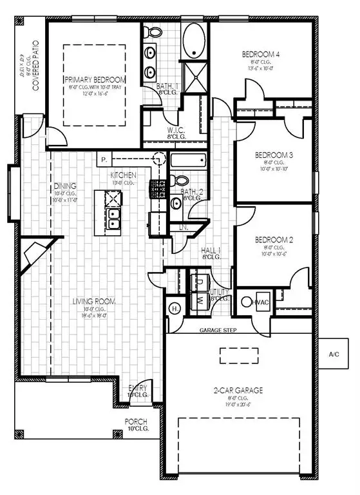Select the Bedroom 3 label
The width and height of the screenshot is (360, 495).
(274, 155)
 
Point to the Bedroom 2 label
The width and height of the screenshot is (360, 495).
(274, 240)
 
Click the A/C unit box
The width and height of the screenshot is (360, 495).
(334, 354)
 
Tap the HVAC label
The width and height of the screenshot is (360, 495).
(261, 302)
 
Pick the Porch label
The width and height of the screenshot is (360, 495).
(137, 423)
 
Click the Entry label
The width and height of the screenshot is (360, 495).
(138, 387)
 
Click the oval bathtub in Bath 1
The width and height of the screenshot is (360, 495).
(194, 41)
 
